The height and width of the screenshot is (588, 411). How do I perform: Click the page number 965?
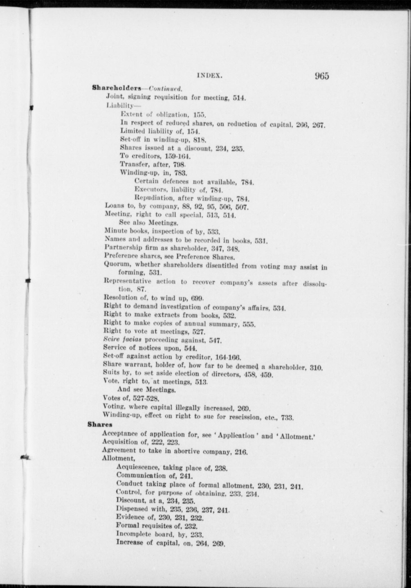321,76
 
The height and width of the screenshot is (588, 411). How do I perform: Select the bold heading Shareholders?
117,88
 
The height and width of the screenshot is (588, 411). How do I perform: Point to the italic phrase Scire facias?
122,340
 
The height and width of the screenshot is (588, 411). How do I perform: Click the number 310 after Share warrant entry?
317,367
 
